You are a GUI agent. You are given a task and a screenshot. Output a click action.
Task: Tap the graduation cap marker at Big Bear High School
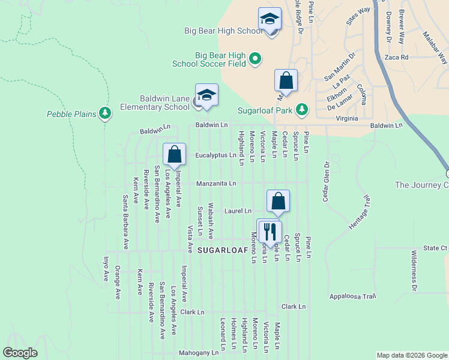pos(270,19)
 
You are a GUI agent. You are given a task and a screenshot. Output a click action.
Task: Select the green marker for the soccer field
pos(255,58)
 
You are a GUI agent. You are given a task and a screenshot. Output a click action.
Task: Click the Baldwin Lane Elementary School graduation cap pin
pos(206,95)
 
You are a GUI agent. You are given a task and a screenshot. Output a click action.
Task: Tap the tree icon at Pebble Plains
pos(106,112)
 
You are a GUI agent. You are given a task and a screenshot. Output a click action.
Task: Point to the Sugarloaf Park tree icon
pos(303,109)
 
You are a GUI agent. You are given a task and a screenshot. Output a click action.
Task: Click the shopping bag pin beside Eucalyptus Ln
pos(174,154)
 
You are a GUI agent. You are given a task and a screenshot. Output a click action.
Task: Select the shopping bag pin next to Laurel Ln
pos(278,202)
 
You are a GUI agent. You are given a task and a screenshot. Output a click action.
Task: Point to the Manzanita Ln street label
pos(216,183)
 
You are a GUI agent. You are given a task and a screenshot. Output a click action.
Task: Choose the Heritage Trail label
pos(360,212)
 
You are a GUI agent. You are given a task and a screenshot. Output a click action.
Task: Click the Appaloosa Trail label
pos(352,296)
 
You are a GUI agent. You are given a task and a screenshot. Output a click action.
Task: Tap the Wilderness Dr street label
pos(414,269)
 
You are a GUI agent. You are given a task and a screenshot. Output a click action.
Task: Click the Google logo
pos(20,353)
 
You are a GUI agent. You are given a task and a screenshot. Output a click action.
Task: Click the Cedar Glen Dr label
pos(327,181)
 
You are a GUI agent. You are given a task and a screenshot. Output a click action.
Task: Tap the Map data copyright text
pos(411,355)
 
